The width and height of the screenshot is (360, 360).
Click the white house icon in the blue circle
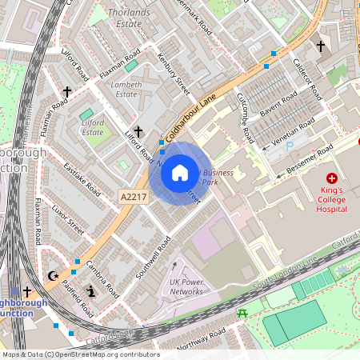click(x=180, y=172)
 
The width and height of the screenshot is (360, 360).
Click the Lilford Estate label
click(x=92, y=126)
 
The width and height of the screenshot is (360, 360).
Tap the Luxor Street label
click(x=67, y=217)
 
